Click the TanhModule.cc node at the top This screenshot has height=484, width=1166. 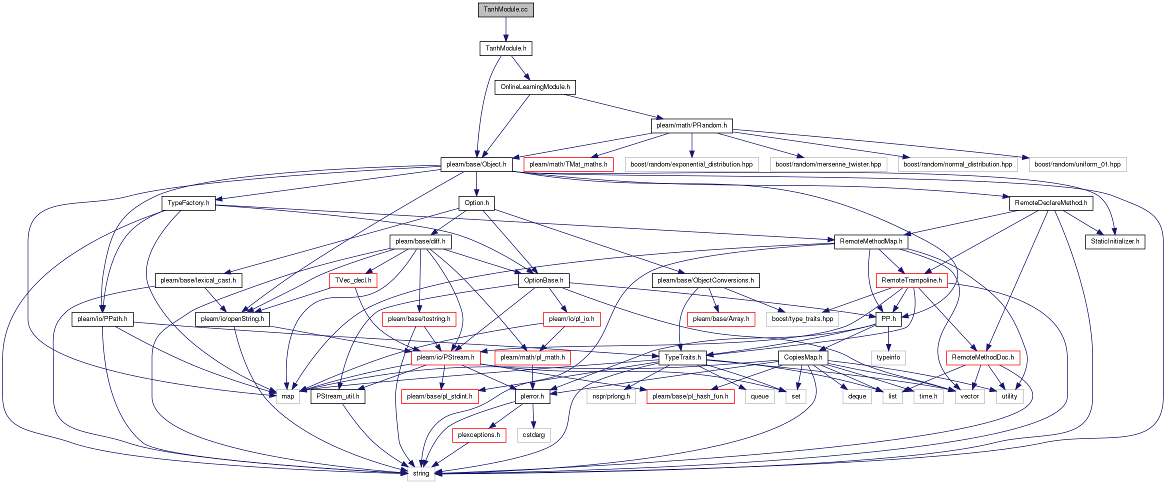point(505,9)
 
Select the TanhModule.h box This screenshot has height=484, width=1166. point(506,48)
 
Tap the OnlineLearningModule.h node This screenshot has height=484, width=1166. point(535,87)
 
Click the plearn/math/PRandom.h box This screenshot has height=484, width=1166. point(691,125)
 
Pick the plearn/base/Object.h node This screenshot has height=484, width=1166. point(476,164)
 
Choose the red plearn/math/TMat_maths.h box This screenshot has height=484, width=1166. point(568,164)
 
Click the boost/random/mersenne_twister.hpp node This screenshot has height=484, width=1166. point(828,164)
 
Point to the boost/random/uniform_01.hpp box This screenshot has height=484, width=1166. point(1077,164)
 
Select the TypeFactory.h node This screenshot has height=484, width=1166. point(188,203)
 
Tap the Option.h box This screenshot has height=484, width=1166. point(476,203)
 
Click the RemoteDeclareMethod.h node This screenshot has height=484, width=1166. point(1051,203)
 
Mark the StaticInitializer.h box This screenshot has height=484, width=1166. point(1115,241)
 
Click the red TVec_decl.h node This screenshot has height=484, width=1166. point(353,280)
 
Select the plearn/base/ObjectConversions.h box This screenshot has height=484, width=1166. point(705,280)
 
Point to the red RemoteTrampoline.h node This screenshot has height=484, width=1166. point(911,280)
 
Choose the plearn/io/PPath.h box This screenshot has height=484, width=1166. point(102,319)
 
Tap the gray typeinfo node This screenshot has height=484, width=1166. point(888,357)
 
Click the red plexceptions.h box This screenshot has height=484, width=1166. point(479,435)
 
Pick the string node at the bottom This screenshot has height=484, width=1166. point(421,473)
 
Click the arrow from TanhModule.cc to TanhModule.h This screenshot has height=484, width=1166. point(505,29)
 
